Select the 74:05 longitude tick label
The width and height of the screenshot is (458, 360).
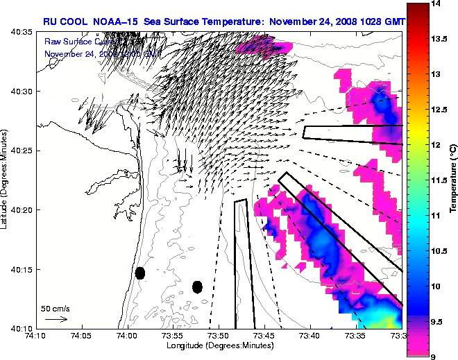click(x=81, y=337)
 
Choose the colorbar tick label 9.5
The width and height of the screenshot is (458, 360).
click(x=438, y=322)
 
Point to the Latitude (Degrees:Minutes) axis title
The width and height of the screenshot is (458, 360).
click(x=5, y=180)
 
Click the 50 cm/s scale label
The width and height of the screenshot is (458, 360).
click(x=55, y=308)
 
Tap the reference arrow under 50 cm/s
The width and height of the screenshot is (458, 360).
click(x=56, y=319)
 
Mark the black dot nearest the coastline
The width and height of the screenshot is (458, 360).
click(x=140, y=273)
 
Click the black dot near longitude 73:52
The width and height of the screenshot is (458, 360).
click(x=197, y=286)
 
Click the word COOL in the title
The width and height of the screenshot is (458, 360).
click(x=76, y=22)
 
